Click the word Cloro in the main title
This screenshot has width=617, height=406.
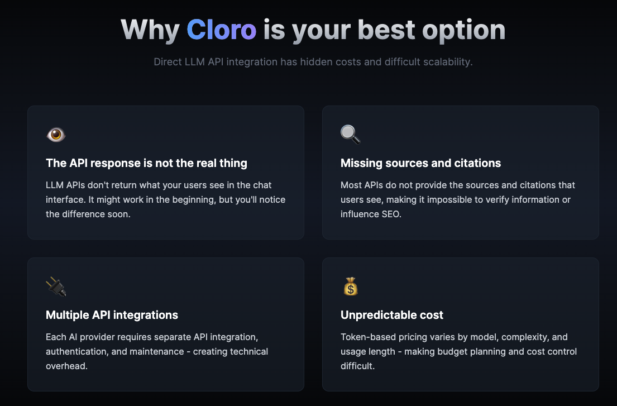221,29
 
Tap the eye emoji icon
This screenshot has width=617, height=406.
56,135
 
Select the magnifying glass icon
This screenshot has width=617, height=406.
351,135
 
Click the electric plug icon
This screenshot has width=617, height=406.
56,286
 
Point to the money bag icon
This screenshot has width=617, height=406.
350,286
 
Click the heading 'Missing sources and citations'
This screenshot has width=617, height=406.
420,163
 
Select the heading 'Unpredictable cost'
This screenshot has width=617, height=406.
391,315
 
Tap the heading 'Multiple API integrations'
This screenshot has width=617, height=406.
112,315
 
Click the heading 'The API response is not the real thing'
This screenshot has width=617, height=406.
146,163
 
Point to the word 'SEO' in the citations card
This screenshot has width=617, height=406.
391,214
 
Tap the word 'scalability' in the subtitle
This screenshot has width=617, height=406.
448,61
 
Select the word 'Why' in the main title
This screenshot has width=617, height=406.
150,29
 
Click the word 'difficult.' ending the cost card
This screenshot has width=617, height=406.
357,366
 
